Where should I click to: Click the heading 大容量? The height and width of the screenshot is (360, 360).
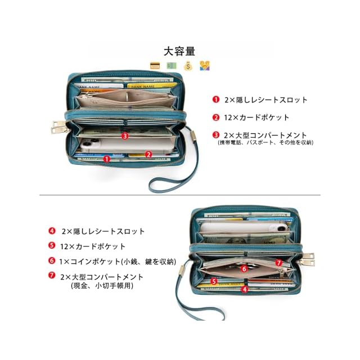[x=179, y=51]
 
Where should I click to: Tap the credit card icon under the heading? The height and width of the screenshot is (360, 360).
[x=155, y=66]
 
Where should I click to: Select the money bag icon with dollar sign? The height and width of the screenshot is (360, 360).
[x=188, y=66]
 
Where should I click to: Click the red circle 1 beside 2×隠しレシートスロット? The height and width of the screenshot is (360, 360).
[x=215, y=100]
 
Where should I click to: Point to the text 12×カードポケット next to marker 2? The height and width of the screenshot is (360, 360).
[x=257, y=118]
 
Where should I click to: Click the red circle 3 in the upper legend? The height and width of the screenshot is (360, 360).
[x=215, y=135]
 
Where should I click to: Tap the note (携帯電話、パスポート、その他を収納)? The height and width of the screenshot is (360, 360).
[x=265, y=143]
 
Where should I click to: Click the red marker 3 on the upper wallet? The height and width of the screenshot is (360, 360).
[x=125, y=136]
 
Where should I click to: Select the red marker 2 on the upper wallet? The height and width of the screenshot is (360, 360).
[x=148, y=154]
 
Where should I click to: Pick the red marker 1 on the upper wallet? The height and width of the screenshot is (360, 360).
[x=106, y=159]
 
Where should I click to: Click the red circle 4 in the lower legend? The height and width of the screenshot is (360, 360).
[x=52, y=231]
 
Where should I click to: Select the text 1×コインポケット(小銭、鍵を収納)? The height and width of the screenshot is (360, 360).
[x=118, y=261]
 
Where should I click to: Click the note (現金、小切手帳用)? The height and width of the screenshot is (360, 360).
[x=102, y=286]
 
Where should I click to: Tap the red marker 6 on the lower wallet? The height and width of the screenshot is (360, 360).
[x=244, y=269]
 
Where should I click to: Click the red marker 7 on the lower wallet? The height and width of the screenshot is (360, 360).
[x=278, y=263]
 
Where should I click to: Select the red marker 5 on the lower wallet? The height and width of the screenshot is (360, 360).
[x=214, y=281]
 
